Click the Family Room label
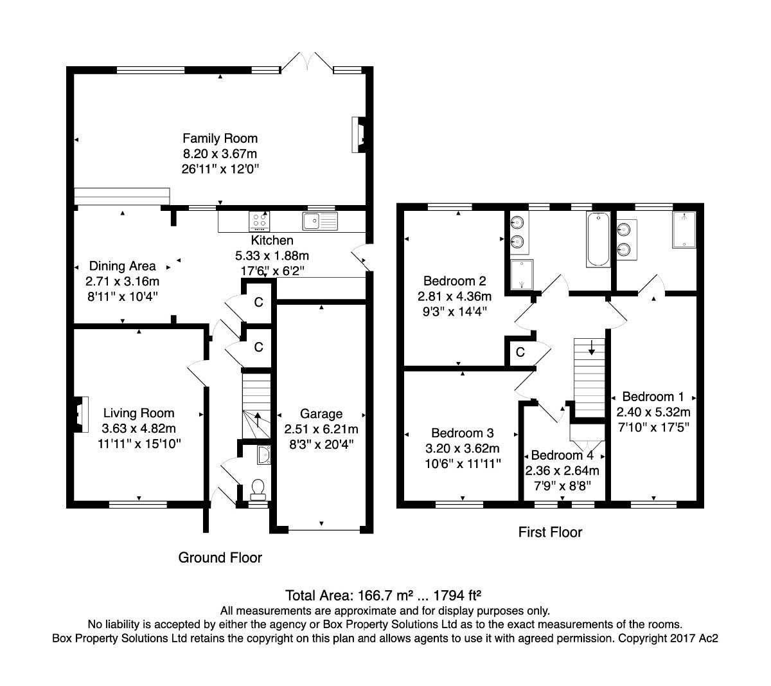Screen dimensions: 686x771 point(220,138)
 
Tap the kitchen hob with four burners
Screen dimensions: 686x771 point(260,221)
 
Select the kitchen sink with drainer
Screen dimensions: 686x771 point(319,221)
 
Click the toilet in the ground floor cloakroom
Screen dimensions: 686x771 point(258,489)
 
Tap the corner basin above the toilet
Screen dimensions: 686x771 point(263,455)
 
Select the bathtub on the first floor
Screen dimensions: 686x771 point(598,240)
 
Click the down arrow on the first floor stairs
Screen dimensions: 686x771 point(591,348)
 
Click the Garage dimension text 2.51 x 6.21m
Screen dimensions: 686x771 point(321,429)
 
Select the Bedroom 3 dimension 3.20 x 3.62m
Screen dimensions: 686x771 point(463,448)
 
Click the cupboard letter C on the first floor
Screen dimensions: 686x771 point(520,352)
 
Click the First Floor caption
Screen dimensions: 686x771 point(550,532)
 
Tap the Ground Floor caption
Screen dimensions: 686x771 point(220,557)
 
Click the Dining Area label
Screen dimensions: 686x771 point(122,266)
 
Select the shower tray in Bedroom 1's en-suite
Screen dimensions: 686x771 point(685,230)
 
